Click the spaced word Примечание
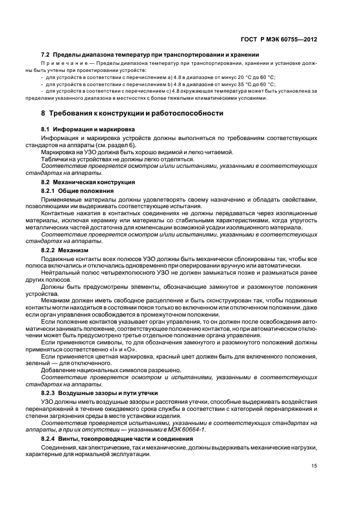pyautogui.click(x=63, y=64)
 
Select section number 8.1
pyautogui.click(x=46, y=131)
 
